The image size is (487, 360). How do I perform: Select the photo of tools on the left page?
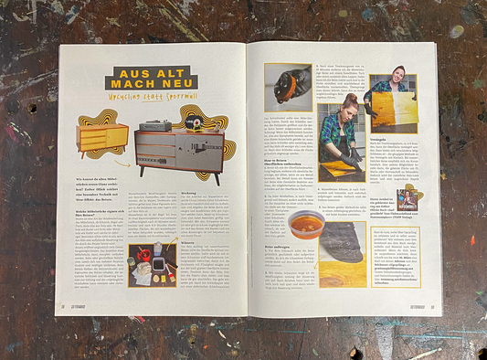pos(153,264)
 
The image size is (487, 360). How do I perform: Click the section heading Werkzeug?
pos(193,192)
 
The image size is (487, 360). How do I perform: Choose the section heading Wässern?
pos(193,240)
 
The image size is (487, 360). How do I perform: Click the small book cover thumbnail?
pos(408,198)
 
